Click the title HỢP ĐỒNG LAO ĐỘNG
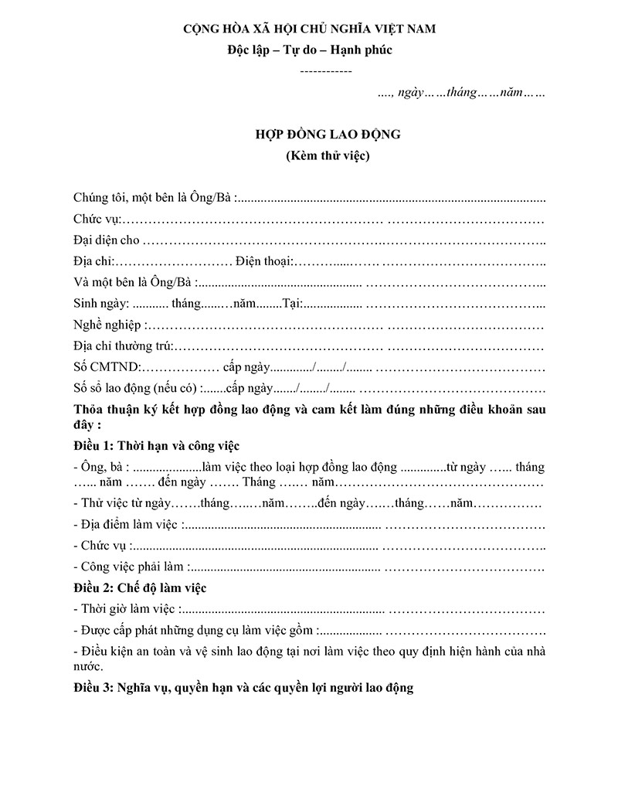coord(328,134)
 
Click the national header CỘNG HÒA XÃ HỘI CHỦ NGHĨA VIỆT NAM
coord(309,29)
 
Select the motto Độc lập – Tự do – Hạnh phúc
coord(309,51)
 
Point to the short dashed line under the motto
coord(325,71)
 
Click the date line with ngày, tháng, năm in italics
coord(462,93)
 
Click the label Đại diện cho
coord(107,240)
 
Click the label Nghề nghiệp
coord(108,325)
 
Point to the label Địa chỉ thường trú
coord(123,346)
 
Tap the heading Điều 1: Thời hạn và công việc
coord(157,446)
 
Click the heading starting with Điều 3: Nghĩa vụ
coord(243,686)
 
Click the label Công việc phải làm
coord(130,567)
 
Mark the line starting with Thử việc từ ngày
coord(307,503)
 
